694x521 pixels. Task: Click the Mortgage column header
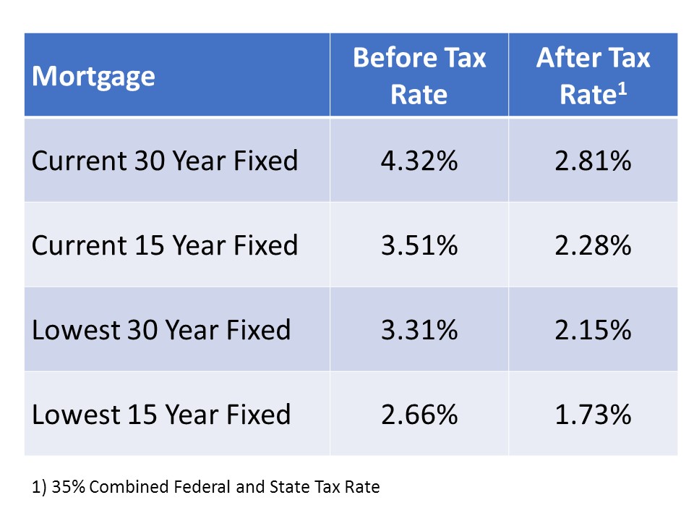93,76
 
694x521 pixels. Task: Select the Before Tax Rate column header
419,76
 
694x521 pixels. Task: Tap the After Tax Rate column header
593,76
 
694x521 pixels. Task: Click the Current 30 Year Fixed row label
165,160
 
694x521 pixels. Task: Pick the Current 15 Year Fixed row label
165,245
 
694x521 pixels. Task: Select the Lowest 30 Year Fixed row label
161,330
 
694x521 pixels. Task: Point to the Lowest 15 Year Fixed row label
161,415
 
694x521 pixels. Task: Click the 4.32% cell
419,161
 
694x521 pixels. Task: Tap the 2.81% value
593,161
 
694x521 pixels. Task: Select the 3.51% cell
419,245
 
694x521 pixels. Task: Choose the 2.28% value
593,245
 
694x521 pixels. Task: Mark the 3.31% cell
419,330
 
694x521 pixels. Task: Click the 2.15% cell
593,330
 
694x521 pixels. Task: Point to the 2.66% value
419,415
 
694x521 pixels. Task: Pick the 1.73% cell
593,415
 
